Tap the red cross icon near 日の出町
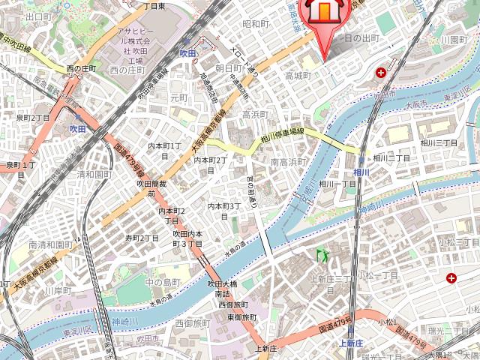point(382,73)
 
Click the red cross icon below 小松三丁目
point(451,278)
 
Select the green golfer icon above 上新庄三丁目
point(325,256)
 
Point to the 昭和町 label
point(256,24)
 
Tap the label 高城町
point(298,76)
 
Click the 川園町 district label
point(454,39)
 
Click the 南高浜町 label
point(288,162)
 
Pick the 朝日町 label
point(228,67)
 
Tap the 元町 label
point(178,97)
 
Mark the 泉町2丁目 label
point(33,118)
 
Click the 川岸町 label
point(57,290)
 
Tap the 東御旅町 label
point(241,317)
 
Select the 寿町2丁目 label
point(142,238)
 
